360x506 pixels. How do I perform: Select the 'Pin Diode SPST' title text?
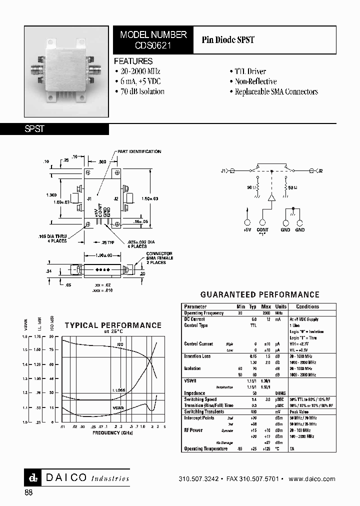(x=228, y=40)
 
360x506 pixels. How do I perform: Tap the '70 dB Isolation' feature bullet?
(x=139, y=91)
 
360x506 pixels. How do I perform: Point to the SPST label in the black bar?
(x=35, y=129)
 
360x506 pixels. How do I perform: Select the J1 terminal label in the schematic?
(x=223, y=171)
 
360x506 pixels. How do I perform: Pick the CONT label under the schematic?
(x=262, y=230)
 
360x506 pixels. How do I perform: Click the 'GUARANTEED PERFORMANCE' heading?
(x=259, y=295)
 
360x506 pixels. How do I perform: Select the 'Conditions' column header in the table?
(x=307, y=306)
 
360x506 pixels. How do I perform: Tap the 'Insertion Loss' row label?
(x=197, y=356)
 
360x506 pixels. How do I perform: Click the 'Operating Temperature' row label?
(x=205, y=448)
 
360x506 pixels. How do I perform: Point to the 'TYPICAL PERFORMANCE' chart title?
(x=113, y=325)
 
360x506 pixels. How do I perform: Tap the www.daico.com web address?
(x=312, y=479)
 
